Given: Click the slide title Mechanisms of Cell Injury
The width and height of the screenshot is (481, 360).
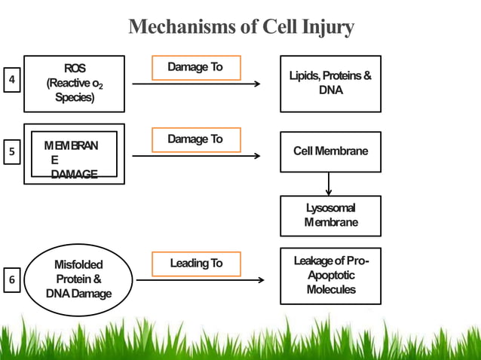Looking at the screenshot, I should (x=241, y=28).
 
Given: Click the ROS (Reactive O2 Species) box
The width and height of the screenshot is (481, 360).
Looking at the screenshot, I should (x=74, y=84).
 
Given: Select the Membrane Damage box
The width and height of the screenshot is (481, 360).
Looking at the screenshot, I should (x=74, y=154).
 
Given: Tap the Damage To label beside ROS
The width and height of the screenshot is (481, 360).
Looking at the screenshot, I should (x=195, y=67).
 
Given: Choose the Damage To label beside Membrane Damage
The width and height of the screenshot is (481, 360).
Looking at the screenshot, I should (x=195, y=139).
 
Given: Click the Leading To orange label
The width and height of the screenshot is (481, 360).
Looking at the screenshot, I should (x=196, y=263).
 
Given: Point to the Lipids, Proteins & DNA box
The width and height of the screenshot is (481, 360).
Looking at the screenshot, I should (x=330, y=84).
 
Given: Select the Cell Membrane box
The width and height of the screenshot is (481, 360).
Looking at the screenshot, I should (x=330, y=151).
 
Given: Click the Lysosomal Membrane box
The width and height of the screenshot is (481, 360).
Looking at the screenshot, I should (x=330, y=215).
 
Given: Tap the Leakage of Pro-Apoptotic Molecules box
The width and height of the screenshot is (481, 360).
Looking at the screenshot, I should (x=330, y=276).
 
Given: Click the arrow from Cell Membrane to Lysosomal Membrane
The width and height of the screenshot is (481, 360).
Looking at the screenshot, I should (x=329, y=184).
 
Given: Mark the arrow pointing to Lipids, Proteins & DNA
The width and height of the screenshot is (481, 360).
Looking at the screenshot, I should (x=196, y=84).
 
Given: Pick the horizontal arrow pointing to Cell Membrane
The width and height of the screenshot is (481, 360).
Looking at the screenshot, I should (x=196, y=157).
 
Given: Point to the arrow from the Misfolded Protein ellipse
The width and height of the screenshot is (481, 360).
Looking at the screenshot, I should (x=200, y=281).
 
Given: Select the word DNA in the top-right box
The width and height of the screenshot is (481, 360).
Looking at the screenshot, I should (x=330, y=90).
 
